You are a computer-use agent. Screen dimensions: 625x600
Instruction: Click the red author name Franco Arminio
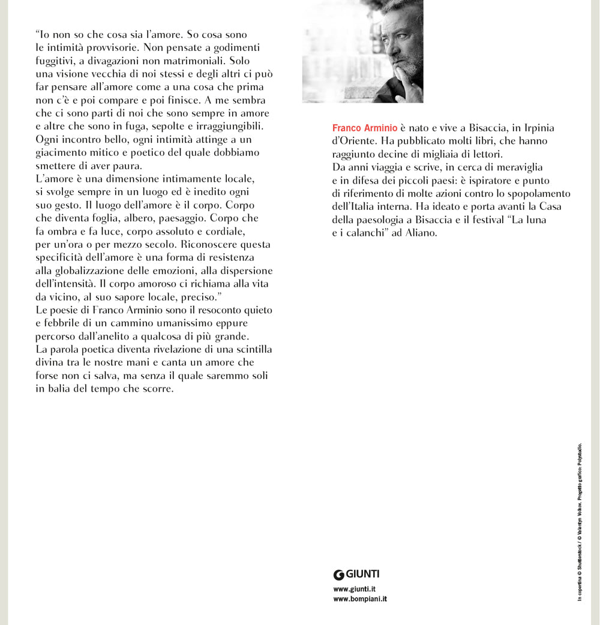click(x=364, y=128)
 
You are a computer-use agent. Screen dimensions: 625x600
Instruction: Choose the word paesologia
click(x=380, y=220)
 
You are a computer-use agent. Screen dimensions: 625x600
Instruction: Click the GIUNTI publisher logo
click(x=356, y=574)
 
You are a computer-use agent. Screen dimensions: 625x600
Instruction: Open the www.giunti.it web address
click(x=354, y=590)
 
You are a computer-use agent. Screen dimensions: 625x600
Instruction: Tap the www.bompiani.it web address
click(x=359, y=599)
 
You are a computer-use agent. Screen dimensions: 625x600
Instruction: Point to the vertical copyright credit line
click(x=580, y=522)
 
